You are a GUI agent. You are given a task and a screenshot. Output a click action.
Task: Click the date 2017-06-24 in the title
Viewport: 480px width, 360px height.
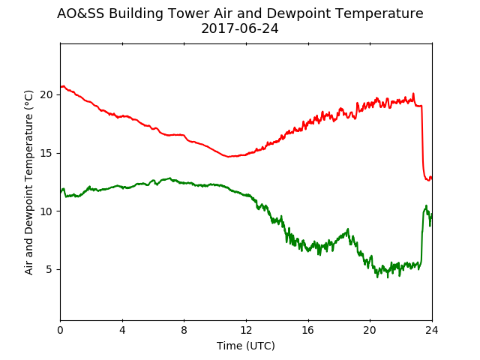point(240,28)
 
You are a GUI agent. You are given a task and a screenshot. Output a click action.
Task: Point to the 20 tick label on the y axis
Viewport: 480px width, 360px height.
point(46,95)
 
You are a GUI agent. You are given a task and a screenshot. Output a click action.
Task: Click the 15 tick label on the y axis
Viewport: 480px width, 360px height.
point(46,153)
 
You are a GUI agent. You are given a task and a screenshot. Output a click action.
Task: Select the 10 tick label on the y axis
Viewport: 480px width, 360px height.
point(46,211)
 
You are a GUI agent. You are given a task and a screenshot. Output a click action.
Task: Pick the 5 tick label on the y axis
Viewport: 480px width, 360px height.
point(49,270)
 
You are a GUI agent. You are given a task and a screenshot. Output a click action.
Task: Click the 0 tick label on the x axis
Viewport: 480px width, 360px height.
point(60,330)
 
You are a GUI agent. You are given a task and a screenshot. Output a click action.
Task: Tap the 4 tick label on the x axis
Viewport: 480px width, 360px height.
point(122,330)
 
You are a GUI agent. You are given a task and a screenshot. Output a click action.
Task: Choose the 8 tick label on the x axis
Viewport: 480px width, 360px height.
point(184,330)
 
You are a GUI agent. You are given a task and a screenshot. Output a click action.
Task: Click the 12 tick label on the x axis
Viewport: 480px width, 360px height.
point(246,330)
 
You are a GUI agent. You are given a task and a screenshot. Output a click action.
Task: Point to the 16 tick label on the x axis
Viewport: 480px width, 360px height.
point(308,330)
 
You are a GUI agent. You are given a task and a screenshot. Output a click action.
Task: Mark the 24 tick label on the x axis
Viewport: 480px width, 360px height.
point(432,330)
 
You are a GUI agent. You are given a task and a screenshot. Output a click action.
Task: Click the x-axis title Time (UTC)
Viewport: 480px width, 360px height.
point(246,346)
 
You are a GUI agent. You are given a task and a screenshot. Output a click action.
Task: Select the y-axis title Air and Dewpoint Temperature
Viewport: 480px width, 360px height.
point(28,182)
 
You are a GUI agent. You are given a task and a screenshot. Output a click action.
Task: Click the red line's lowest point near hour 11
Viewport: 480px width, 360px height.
point(228,157)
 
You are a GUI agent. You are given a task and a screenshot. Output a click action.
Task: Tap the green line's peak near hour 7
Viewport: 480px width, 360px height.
point(170,178)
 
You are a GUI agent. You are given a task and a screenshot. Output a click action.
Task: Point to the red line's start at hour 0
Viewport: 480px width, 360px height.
point(61,87)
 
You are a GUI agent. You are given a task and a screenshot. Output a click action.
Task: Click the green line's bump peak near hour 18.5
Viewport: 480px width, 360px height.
point(348,229)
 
